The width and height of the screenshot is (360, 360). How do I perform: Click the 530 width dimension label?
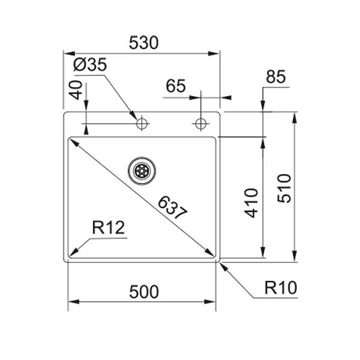[143, 43]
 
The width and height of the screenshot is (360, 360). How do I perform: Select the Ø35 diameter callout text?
[89, 65]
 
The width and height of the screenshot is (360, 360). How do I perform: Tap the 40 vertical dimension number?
[76, 90]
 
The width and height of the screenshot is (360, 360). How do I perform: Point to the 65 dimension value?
[176, 86]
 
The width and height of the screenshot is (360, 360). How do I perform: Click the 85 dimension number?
[275, 77]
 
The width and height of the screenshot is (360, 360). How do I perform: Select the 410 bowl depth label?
[251, 203]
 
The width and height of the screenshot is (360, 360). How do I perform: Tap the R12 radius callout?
[108, 228]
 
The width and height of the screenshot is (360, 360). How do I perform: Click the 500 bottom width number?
[143, 292]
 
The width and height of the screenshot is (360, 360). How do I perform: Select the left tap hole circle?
[142, 124]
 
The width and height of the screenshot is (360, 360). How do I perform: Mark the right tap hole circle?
[200, 124]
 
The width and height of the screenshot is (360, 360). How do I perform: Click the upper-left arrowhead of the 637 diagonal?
[74, 142]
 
